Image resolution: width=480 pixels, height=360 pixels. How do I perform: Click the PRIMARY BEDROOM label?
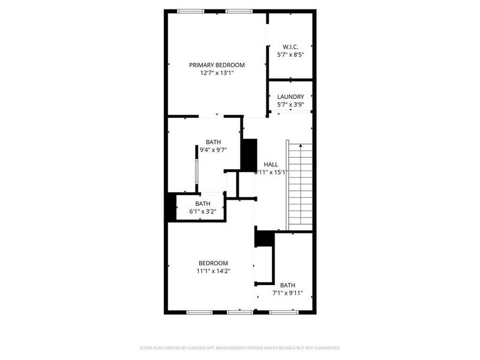coord(217,65)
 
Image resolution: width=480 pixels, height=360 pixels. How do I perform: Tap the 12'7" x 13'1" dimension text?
coord(217,73)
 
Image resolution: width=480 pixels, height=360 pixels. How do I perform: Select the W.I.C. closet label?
coord(290,46)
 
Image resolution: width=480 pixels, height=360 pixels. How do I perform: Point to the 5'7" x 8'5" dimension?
coord(290,55)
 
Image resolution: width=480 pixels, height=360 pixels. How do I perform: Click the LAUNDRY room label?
coord(290,96)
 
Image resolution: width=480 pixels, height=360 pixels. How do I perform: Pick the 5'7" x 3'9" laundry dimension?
coord(290,104)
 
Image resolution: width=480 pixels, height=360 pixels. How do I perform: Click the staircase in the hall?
coord(300,186)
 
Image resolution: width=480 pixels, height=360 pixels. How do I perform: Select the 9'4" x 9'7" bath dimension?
coord(213,151)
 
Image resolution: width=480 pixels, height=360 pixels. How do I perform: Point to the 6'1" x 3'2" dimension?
coord(202,211)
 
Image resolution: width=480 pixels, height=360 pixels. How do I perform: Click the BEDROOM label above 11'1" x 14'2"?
coord(213,263)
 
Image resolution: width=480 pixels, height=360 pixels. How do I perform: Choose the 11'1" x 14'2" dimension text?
coord(213,271)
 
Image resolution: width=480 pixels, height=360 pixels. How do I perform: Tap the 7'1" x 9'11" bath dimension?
coord(288,293)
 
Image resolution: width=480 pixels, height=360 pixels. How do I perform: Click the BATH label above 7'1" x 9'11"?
coord(288,285)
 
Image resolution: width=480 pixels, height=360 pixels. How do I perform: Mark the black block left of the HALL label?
coord(248,155)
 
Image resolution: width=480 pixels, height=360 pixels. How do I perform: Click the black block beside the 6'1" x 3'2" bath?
coord(170,207)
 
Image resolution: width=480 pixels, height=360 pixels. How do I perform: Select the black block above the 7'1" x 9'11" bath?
coord(264,238)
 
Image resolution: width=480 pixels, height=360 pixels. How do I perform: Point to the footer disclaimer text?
coord(240,348)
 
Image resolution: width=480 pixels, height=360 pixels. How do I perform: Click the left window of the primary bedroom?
coord(190,10)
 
